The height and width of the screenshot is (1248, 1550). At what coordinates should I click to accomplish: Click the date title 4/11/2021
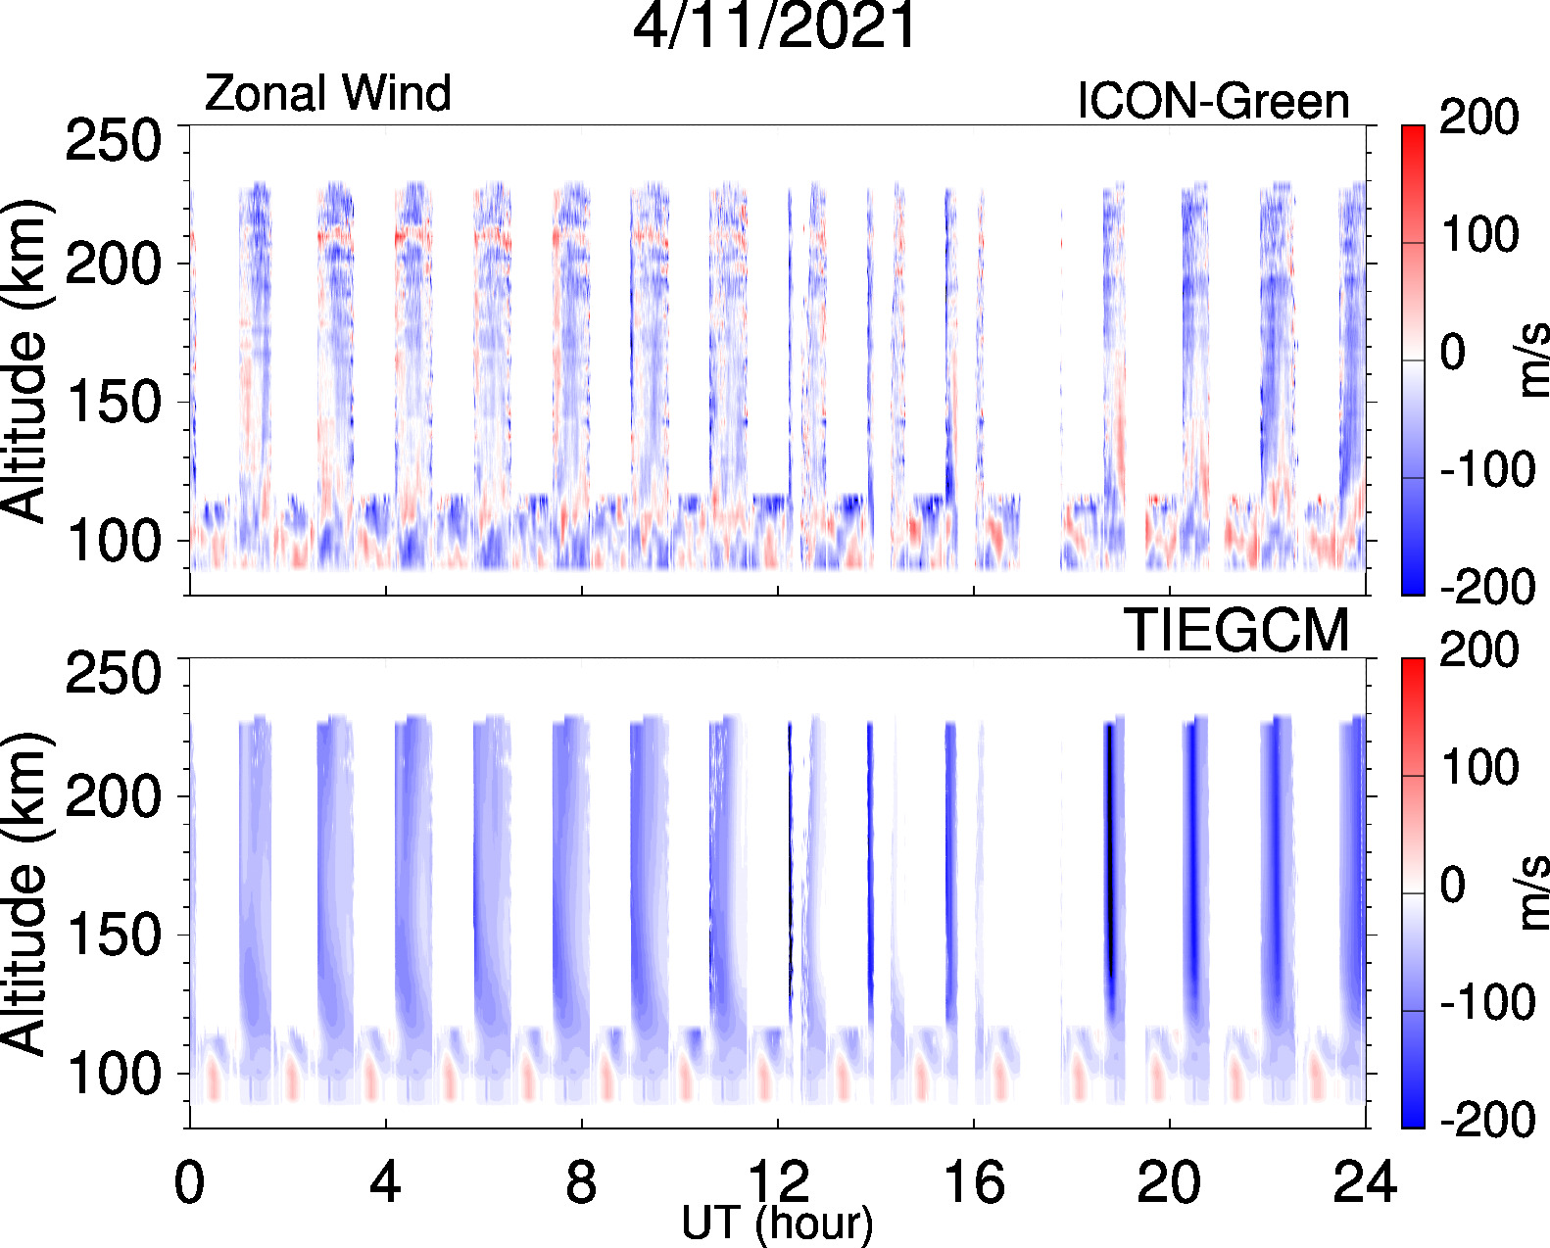pyautogui.click(x=774, y=26)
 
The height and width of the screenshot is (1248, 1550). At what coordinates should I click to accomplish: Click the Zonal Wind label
pyautogui.click(x=327, y=94)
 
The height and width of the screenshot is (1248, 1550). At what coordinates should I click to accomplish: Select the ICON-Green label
pyautogui.click(x=1213, y=101)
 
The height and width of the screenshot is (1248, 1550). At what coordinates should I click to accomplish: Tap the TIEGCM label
pyautogui.click(x=1235, y=631)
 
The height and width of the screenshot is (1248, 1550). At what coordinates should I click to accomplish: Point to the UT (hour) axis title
pyautogui.click(x=777, y=1224)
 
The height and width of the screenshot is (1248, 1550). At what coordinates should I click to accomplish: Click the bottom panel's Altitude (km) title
pyautogui.click(x=24, y=893)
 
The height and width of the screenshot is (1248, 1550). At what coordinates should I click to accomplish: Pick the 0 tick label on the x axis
pyautogui.click(x=189, y=1182)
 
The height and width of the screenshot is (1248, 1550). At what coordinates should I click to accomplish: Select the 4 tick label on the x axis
pyautogui.click(x=385, y=1182)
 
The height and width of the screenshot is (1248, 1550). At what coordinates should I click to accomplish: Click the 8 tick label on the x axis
pyautogui.click(x=581, y=1182)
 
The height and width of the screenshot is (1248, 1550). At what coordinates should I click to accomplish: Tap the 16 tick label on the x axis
pyautogui.click(x=973, y=1182)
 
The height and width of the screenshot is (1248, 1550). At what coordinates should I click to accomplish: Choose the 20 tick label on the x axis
pyautogui.click(x=1169, y=1182)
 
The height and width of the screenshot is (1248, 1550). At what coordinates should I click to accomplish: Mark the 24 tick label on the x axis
pyautogui.click(x=1364, y=1182)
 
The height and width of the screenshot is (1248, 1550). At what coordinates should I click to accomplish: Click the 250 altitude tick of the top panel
pyautogui.click(x=113, y=141)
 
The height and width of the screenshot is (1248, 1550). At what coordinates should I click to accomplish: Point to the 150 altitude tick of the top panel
pyautogui.click(x=113, y=403)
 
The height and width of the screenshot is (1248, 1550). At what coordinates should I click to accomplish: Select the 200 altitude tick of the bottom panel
pyautogui.click(x=113, y=796)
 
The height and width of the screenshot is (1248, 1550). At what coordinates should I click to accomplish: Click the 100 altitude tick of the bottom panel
pyautogui.click(x=113, y=1075)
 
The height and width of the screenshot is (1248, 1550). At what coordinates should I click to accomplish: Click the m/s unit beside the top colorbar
pyautogui.click(x=1531, y=360)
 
